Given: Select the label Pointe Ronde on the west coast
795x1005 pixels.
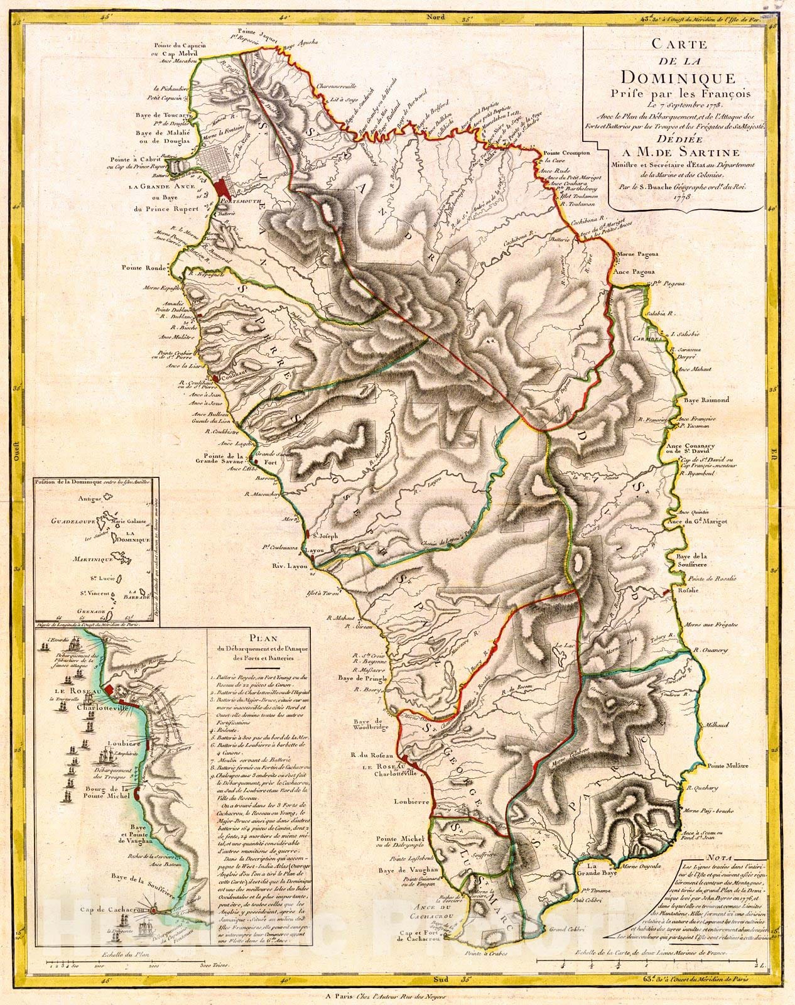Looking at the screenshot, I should (146, 268).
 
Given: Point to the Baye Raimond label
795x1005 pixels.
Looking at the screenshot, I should (707, 399).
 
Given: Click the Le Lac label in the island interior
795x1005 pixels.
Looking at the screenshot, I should (564, 646).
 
